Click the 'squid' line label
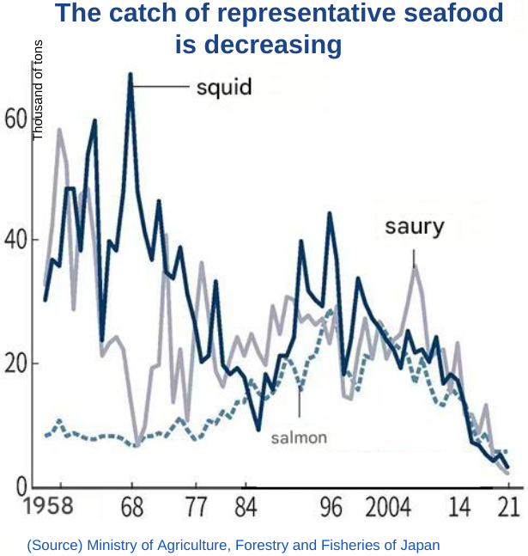(x=223, y=88)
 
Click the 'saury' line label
(x=414, y=227)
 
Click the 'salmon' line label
(x=299, y=437)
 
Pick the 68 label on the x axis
(x=131, y=508)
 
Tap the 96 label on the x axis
(x=331, y=508)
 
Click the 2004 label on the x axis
(x=387, y=508)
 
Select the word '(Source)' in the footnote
(x=53, y=545)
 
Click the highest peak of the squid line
(x=130, y=74)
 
